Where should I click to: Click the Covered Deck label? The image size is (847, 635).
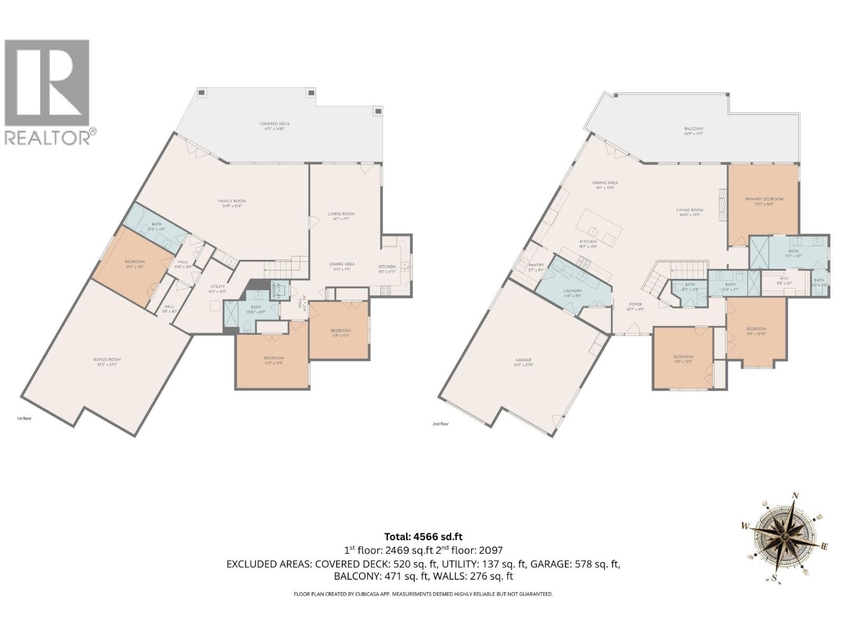(x=274, y=124)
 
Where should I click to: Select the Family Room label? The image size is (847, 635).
(x=232, y=201)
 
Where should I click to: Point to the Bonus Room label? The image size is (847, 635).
(x=107, y=359)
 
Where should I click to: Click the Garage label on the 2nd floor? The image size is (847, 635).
(x=523, y=360)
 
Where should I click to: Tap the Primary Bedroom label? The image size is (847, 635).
(x=764, y=199)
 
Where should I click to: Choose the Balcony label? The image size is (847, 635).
(x=693, y=129)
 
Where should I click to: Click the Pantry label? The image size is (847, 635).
(x=536, y=265)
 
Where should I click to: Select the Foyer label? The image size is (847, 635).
(x=635, y=304)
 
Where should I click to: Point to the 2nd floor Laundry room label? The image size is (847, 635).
(x=572, y=291)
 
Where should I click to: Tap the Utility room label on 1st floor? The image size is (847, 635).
(x=218, y=286)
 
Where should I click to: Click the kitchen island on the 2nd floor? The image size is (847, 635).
(x=602, y=229)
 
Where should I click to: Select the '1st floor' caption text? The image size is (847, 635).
(x=24, y=419)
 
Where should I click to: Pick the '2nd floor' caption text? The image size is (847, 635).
(x=440, y=424)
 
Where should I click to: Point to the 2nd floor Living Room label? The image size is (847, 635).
(x=689, y=210)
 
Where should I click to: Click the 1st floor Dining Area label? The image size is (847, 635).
(x=341, y=264)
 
